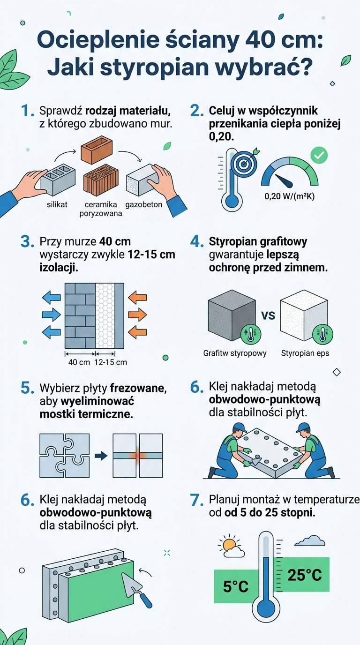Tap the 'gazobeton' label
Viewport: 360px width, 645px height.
[x=143, y=204]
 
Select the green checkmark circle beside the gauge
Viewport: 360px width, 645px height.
[x=320, y=155]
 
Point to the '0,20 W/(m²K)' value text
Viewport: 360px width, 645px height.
[x=289, y=196]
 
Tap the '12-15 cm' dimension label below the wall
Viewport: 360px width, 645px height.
[x=110, y=362]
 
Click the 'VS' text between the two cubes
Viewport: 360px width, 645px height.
[x=268, y=315]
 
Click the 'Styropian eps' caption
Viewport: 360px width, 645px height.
[x=305, y=353]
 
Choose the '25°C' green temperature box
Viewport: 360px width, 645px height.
[x=304, y=574]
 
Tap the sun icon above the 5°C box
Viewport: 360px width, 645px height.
[x=229, y=545]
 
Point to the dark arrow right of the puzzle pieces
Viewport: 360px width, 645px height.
[x=101, y=455]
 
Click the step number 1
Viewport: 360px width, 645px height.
[x=28, y=111]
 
